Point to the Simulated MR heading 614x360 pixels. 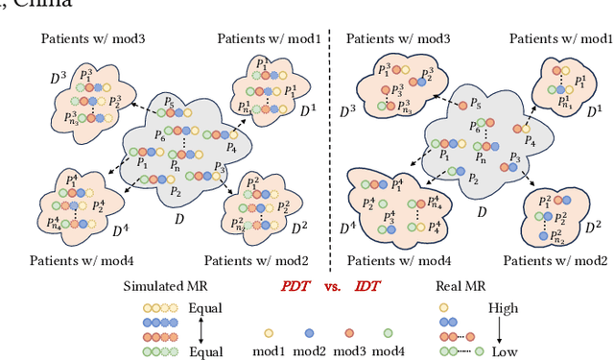pos(166,286)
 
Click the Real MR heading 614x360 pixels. pos(463,286)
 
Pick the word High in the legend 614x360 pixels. pos(503,308)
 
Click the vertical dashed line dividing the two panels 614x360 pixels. pos(329,144)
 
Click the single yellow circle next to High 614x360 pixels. pos(443,308)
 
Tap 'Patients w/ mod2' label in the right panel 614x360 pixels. pos(562,260)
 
